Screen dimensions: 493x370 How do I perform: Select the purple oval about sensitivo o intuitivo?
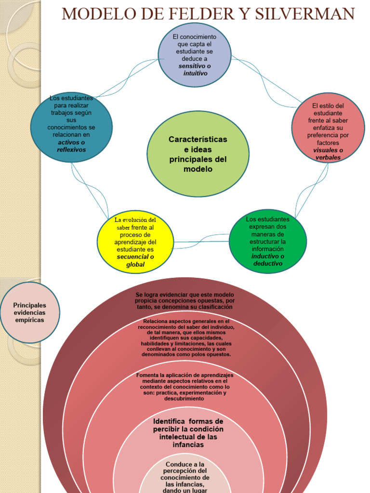[x=195, y=54]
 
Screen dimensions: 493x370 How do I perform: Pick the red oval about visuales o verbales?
[x=328, y=128]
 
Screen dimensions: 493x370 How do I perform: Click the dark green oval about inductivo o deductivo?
[x=267, y=241]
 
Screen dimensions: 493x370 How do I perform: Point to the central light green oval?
[x=198, y=154]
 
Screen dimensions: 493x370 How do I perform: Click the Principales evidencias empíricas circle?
[x=29, y=312]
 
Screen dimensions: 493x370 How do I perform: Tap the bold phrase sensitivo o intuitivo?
[x=195, y=69]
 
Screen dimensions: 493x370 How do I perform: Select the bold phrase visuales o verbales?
[x=328, y=154]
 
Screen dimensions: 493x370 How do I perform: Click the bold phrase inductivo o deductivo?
[x=267, y=260]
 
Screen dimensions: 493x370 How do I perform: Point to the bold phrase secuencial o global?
[x=135, y=260]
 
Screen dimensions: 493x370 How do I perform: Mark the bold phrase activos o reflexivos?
[x=71, y=146]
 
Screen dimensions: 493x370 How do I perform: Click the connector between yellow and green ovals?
[x=201, y=241]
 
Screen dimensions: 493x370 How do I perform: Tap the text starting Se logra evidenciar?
[x=185, y=300]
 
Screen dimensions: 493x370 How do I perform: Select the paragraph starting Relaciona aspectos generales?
[x=186, y=337]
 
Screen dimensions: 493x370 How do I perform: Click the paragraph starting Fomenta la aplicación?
[x=185, y=387]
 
